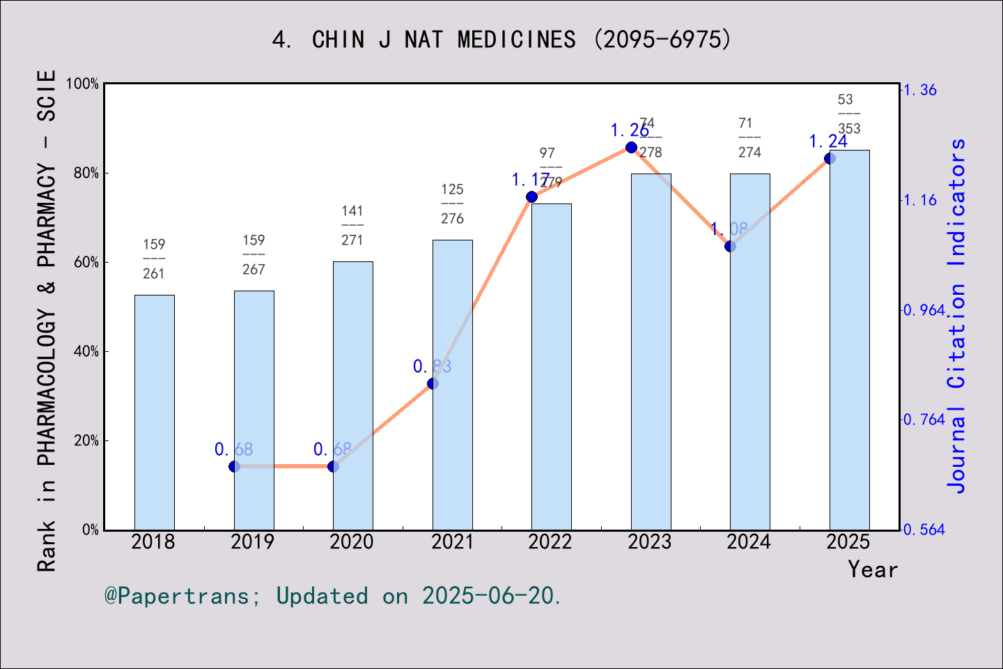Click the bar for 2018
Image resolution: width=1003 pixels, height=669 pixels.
point(154,412)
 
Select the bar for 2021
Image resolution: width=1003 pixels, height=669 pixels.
point(452,385)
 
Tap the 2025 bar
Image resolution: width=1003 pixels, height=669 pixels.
point(849,340)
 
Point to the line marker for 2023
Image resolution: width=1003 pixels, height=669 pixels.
point(631,147)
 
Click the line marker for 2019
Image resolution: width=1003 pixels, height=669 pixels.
point(234,466)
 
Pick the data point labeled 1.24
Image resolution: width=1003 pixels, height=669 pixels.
point(830,158)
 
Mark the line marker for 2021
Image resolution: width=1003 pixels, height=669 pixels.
point(433,383)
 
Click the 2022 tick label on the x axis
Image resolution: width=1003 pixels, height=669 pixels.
point(550,542)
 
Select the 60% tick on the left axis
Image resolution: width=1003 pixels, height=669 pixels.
point(86,263)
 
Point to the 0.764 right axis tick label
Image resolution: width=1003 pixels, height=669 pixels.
point(924,420)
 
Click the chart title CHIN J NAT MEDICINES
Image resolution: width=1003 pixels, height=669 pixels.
point(501,40)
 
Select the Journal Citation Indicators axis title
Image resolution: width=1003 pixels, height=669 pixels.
point(957,316)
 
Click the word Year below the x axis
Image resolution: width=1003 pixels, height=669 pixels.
point(873,570)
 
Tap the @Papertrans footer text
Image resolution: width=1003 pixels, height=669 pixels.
point(332,596)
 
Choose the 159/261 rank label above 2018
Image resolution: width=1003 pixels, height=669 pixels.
point(154,259)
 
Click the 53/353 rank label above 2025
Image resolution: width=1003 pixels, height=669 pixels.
point(848,114)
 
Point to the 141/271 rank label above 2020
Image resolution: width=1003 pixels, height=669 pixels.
point(352,225)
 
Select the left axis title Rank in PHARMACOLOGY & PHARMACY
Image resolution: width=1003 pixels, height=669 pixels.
point(47,321)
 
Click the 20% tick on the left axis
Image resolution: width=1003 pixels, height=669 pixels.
point(86,441)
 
